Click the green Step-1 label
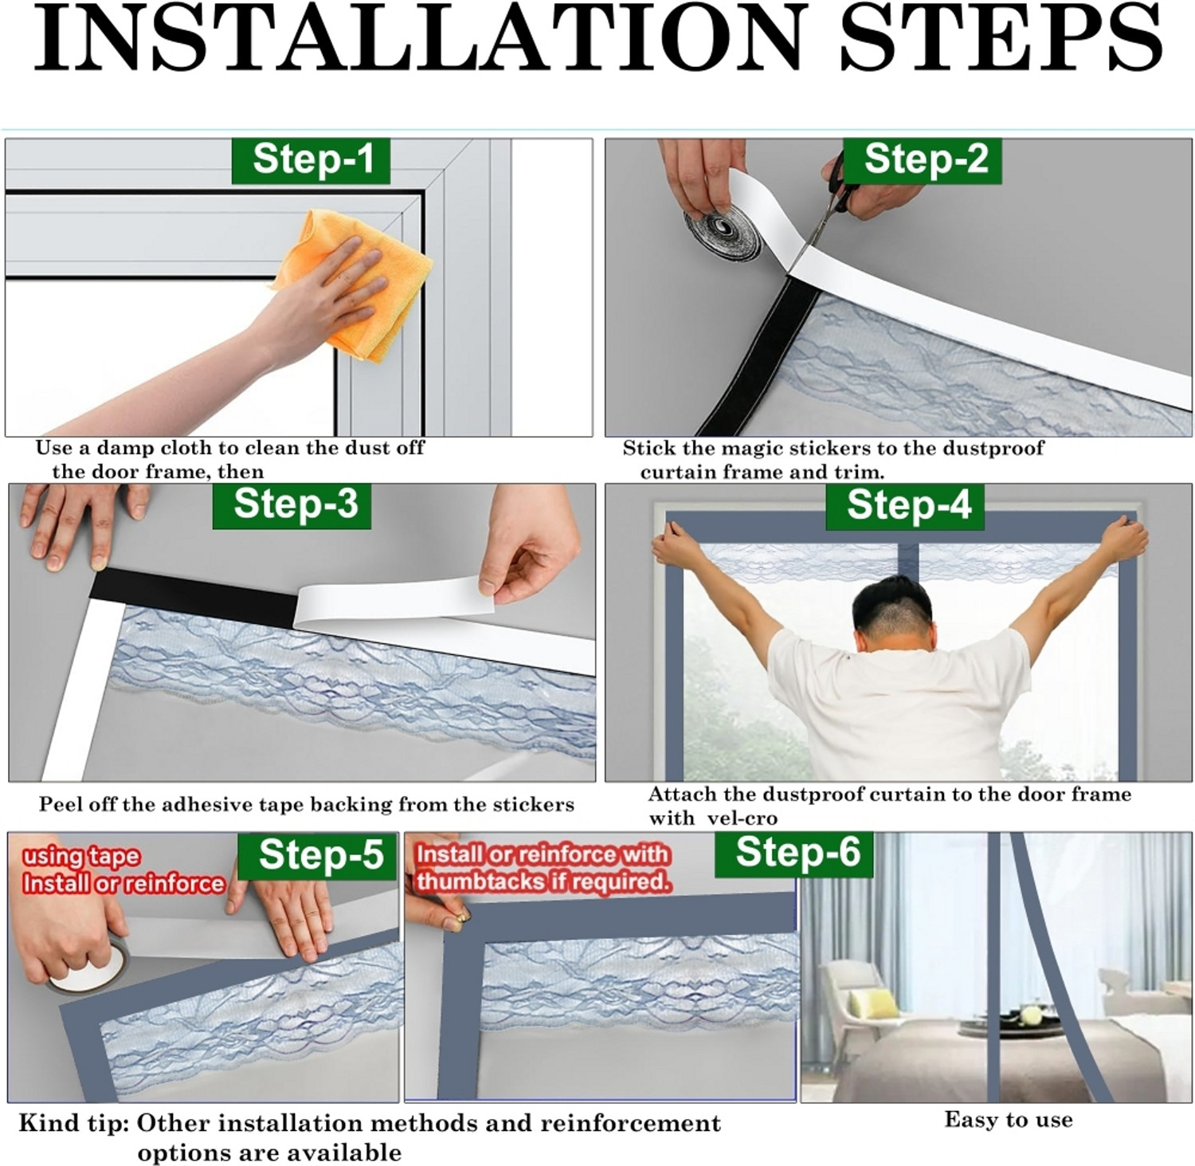tap(311, 160)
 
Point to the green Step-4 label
tap(907, 506)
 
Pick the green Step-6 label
tap(795, 854)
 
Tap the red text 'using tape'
tap(81, 857)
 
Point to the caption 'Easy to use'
tap(1008, 1120)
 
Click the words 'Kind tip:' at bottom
tap(73, 1124)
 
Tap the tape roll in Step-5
tap(84, 968)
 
